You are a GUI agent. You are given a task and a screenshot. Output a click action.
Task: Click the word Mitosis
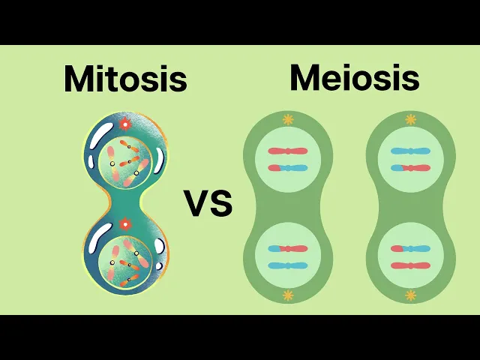click(x=125, y=79)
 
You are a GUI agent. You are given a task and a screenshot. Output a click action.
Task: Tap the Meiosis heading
click(x=354, y=78)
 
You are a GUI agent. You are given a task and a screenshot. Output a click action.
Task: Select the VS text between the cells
click(x=208, y=203)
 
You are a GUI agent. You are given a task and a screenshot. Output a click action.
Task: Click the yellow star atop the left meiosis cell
click(x=288, y=119)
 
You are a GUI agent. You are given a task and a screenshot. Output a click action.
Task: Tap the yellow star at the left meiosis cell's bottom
click(x=288, y=295)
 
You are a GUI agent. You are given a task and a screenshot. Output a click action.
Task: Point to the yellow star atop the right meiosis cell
click(x=410, y=119)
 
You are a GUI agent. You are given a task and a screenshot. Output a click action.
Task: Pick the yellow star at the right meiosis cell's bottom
click(x=410, y=295)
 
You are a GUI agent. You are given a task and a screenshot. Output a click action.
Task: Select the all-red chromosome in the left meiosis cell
click(x=288, y=151)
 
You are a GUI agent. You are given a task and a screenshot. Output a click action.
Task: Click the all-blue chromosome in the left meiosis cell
click(x=288, y=265)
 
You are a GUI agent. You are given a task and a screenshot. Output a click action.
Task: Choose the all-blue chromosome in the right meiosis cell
click(x=410, y=151)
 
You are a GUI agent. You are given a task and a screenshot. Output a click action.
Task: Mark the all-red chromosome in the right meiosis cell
click(x=410, y=265)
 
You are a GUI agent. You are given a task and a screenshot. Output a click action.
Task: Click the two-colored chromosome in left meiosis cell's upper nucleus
click(x=288, y=168)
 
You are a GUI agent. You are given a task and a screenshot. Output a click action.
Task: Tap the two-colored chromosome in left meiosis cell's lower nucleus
click(x=288, y=248)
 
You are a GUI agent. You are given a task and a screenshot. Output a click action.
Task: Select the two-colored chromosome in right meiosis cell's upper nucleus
click(x=410, y=168)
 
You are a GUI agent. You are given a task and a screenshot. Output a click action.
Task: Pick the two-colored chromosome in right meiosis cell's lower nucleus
click(x=410, y=248)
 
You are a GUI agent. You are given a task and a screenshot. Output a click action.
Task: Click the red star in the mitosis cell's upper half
click(x=125, y=124)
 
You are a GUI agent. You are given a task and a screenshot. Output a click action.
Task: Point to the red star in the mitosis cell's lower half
click(x=125, y=223)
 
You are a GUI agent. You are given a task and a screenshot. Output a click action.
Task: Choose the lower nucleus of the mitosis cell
click(x=125, y=264)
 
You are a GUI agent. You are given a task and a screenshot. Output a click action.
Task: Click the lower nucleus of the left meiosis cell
click(x=288, y=257)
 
